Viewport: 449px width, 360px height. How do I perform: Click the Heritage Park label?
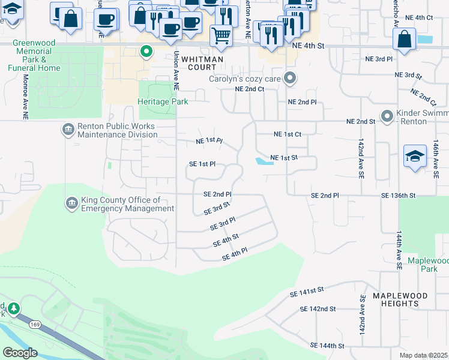(x=163, y=102)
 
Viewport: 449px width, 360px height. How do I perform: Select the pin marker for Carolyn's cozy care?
(x=291, y=79)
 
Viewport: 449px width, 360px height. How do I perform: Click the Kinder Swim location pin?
(x=387, y=115)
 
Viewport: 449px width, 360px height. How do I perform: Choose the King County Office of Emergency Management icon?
(x=71, y=203)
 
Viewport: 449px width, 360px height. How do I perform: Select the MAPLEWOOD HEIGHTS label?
(x=396, y=299)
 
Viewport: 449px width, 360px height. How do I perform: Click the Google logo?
(x=20, y=353)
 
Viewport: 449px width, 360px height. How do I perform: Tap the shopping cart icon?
(x=221, y=36)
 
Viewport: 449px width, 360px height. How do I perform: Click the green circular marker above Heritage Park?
(x=145, y=52)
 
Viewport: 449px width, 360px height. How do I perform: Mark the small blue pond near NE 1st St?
(x=262, y=161)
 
